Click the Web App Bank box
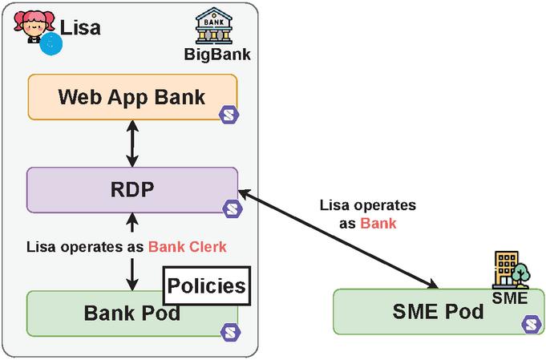(x=132, y=98)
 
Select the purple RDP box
(x=132, y=190)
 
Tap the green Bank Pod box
(x=104, y=313)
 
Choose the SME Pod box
(x=425, y=312)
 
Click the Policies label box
(x=206, y=285)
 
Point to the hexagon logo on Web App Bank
(x=229, y=112)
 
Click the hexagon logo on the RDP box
(x=232, y=208)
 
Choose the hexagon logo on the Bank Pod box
(x=228, y=330)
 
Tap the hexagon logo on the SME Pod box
(x=530, y=324)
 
